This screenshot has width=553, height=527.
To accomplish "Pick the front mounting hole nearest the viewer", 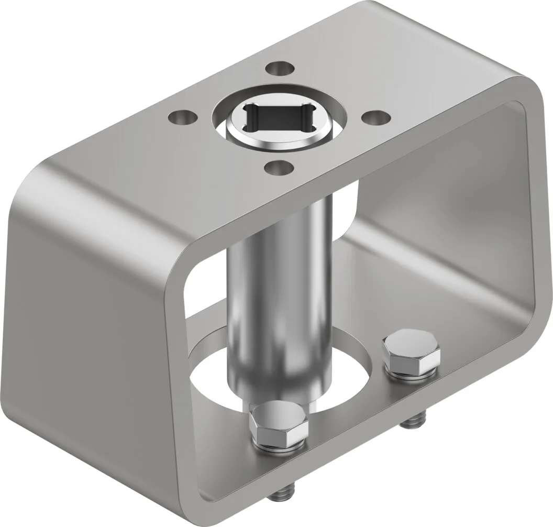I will (x=278, y=169).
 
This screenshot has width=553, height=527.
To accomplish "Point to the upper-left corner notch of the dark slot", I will (x=250, y=108).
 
